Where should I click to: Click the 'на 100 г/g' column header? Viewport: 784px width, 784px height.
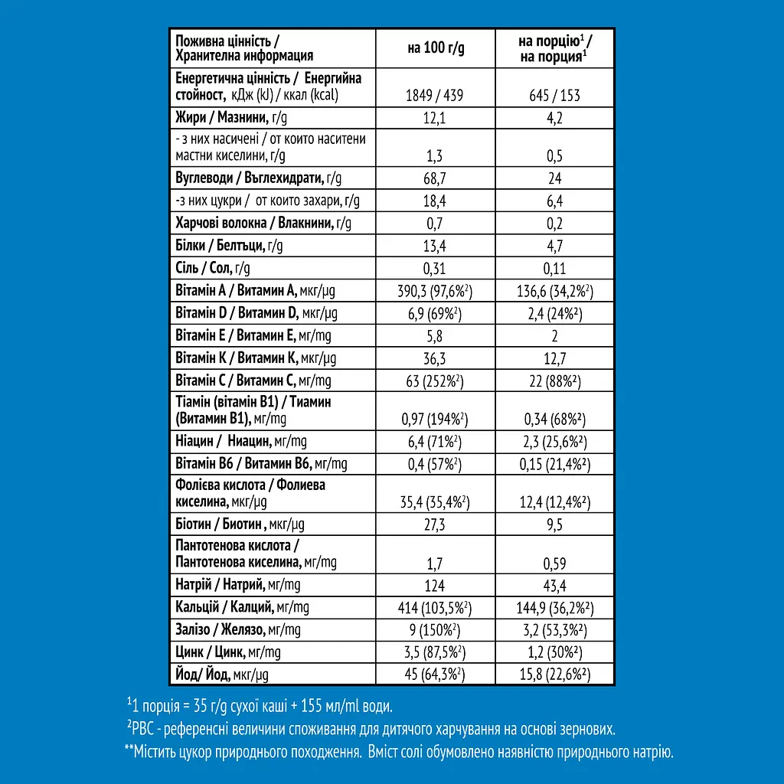point(435,48)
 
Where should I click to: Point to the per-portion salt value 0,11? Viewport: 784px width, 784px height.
point(554,268)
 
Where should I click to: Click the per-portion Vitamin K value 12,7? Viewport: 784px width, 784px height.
point(554,358)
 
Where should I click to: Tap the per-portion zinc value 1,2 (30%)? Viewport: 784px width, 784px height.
point(554,652)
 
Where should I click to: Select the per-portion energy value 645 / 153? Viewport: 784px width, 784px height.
point(554,96)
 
